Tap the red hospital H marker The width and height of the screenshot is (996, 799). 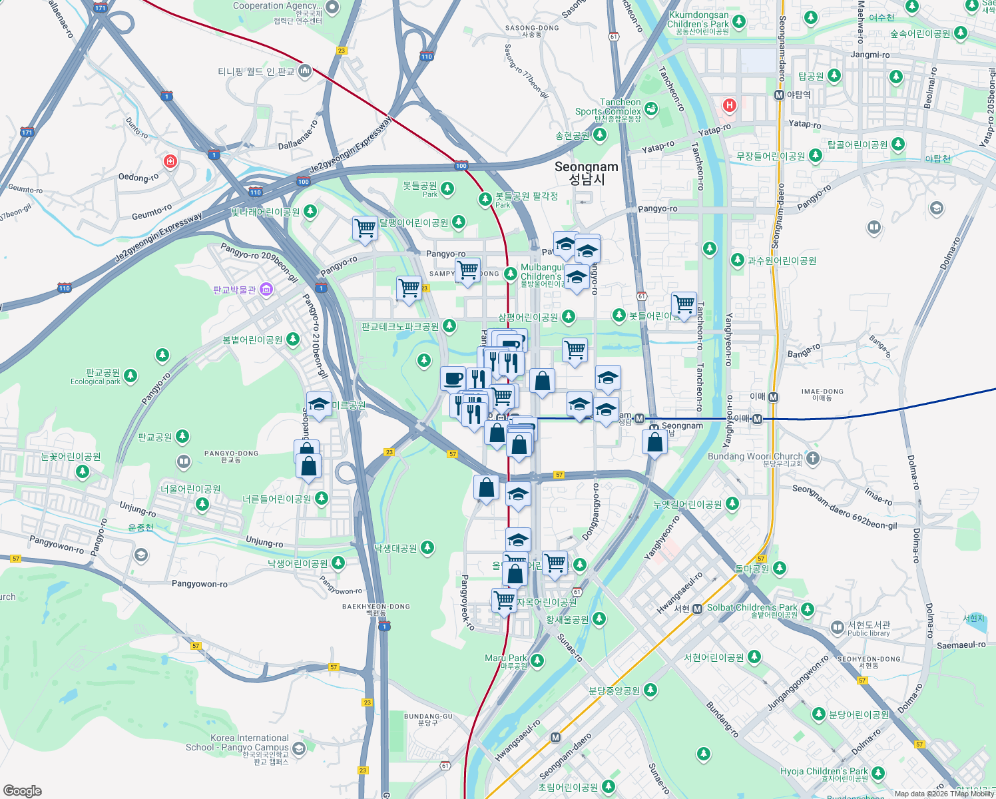tap(730, 105)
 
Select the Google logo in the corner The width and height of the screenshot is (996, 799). tap(23, 790)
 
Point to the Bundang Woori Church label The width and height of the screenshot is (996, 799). tap(754, 457)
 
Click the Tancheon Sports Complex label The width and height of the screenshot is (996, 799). tap(608, 107)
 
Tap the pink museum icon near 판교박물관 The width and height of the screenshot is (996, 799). tap(266, 289)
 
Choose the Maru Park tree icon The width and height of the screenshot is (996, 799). tap(537, 661)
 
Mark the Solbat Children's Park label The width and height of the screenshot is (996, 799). tap(752, 608)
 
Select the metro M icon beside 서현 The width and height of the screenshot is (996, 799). tap(697, 609)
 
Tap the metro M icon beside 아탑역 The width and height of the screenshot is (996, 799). tap(779, 95)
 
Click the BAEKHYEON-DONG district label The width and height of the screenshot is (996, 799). tap(376, 607)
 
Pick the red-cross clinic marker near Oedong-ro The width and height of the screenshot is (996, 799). tap(170, 162)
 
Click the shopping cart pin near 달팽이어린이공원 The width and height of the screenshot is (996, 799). tap(365, 228)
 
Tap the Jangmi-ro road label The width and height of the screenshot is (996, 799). tap(870, 55)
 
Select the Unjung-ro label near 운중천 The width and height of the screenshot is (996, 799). tap(137, 509)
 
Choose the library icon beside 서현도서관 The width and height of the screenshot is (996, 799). tap(838, 627)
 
